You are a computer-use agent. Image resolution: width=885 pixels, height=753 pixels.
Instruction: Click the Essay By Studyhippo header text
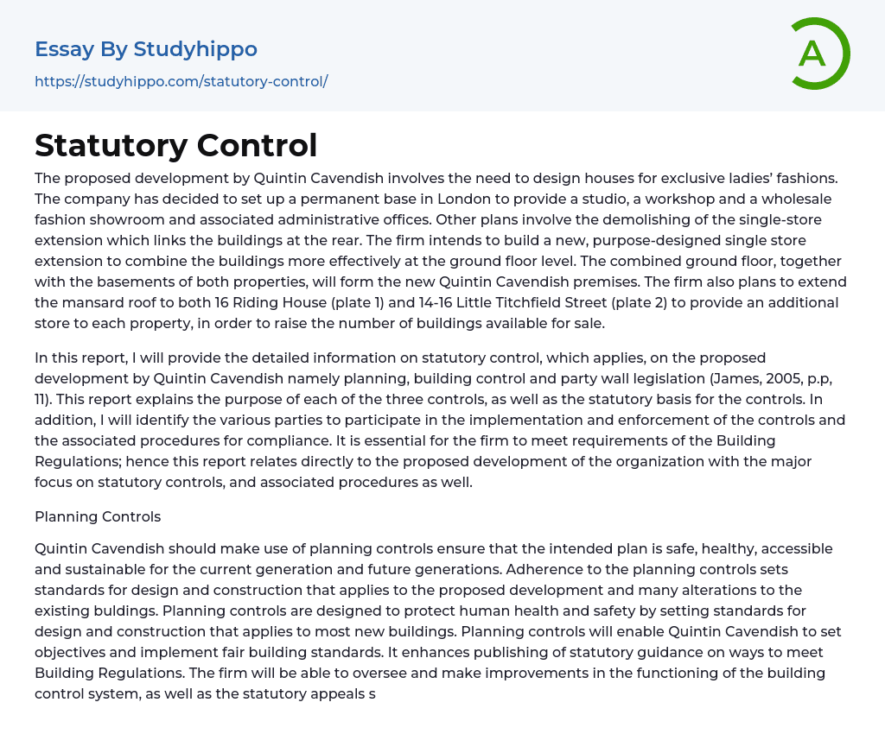pos(146,49)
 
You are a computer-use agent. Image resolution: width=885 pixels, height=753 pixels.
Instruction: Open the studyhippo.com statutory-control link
pos(181,81)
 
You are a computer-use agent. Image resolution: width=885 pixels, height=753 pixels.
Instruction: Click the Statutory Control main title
pos(175,145)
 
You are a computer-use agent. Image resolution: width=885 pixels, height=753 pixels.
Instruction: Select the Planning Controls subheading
pos(98,516)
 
